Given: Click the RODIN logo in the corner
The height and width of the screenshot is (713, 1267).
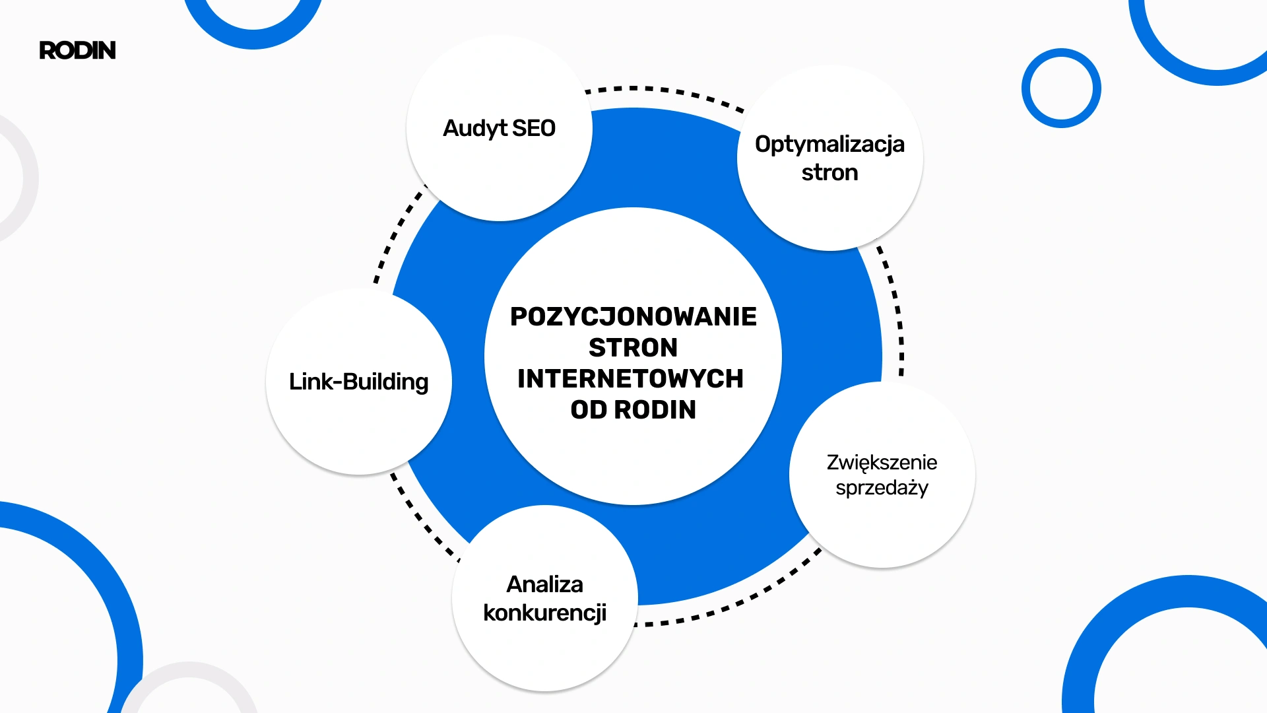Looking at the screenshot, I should pyautogui.click(x=77, y=50).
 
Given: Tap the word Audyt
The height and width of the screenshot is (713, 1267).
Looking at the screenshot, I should pyautogui.click(x=475, y=128).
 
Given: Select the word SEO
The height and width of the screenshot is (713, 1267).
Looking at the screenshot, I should pyautogui.click(x=534, y=128).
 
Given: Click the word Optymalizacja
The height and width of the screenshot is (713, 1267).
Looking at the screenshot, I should pyautogui.click(x=829, y=145).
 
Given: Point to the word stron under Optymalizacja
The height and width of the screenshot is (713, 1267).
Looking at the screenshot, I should pyautogui.click(x=829, y=173).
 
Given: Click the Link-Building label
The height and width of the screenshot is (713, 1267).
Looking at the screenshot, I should pyautogui.click(x=358, y=382).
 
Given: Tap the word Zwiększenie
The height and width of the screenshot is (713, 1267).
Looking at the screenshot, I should pyautogui.click(x=882, y=462).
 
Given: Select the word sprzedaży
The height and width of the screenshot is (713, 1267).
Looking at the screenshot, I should pyautogui.click(x=882, y=489).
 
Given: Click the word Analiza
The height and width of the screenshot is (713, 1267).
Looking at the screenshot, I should pyautogui.click(x=544, y=584).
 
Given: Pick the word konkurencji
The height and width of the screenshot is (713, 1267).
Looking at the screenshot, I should pyautogui.click(x=544, y=613).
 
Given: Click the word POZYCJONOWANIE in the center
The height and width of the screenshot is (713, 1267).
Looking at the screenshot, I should pyautogui.click(x=633, y=317).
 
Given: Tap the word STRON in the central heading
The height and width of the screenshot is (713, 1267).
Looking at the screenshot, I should pyautogui.click(x=633, y=348).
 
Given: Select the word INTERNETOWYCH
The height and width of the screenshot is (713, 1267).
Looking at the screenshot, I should pyautogui.click(x=630, y=379).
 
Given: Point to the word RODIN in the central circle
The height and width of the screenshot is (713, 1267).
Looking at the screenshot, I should pyautogui.click(x=655, y=410).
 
